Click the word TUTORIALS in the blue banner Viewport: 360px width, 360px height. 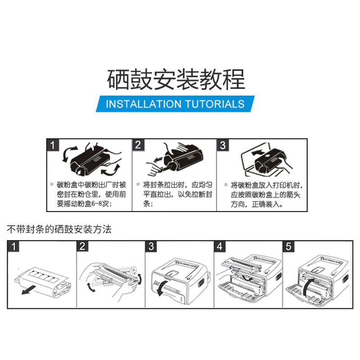pos(215,104)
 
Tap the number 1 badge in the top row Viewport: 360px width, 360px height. pos(53,145)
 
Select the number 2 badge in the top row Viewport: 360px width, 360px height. pos(138,145)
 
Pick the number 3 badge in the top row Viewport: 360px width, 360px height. pos(223,145)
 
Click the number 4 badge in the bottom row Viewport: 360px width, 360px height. pos(220,246)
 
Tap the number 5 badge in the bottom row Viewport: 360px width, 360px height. pos(288,246)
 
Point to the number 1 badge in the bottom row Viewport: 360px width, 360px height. pos(13,246)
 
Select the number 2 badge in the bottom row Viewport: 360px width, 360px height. pos(82,246)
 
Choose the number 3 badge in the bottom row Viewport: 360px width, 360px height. pos(151,246)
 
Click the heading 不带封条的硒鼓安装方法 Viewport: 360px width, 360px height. pos(59,229)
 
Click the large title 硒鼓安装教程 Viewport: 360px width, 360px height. pos(176,79)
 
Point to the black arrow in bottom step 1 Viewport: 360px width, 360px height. pos(29,289)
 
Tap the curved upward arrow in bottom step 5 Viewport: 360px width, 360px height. pos(307,287)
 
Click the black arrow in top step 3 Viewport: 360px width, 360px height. pos(258,152)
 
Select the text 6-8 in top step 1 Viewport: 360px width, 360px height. pos(97,203)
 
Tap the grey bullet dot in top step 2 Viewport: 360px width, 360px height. pos(138,184)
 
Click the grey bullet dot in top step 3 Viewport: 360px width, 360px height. pos(226,184)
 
